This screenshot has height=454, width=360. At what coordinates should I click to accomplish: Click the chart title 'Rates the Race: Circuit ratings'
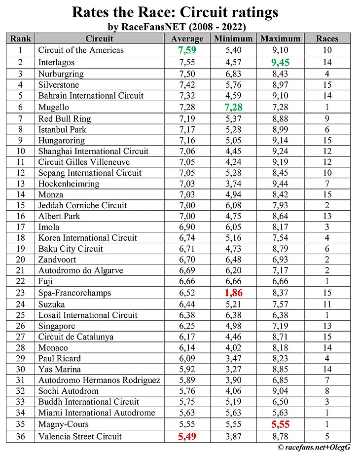point(175,12)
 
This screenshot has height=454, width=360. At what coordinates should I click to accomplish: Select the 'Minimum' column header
point(233,38)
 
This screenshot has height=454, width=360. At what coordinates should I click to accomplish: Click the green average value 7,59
point(187,50)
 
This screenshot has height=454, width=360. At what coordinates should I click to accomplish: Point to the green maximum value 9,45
point(280,62)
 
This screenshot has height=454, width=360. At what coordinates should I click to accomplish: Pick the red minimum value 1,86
point(233,293)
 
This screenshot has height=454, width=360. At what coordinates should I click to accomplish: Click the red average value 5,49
point(187,436)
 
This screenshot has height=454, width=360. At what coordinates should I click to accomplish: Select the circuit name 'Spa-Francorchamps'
point(74,293)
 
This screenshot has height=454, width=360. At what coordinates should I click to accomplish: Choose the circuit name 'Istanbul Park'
point(62,129)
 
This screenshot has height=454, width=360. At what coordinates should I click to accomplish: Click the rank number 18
point(21,238)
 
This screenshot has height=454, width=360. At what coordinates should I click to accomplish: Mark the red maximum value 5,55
point(280,424)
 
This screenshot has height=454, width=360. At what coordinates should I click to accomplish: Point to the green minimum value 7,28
point(233,107)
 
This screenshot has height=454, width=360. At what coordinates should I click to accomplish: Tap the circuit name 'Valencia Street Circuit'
point(80,436)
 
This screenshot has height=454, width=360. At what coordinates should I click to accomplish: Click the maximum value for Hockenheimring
point(280,184)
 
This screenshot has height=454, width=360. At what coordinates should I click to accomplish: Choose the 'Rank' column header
point(21,38)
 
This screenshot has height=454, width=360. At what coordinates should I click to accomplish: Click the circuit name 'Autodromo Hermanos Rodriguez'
point(99,380)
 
